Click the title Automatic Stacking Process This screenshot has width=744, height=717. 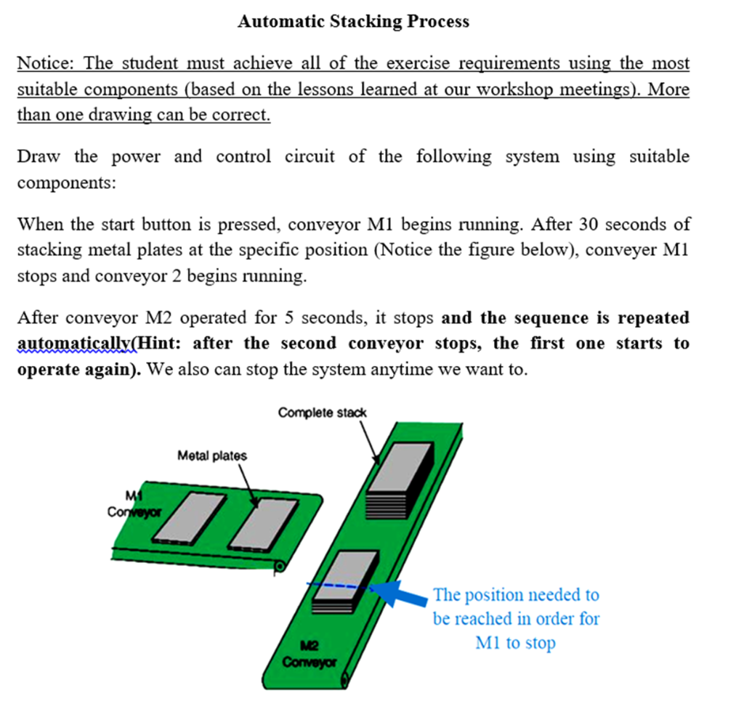[353, 21]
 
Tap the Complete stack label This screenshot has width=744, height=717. [322, 413]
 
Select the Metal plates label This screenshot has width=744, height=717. [211, 455]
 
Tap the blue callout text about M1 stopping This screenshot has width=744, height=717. [516, 619]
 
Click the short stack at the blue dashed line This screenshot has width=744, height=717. [345, 581]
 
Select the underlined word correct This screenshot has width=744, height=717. [246, 116]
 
